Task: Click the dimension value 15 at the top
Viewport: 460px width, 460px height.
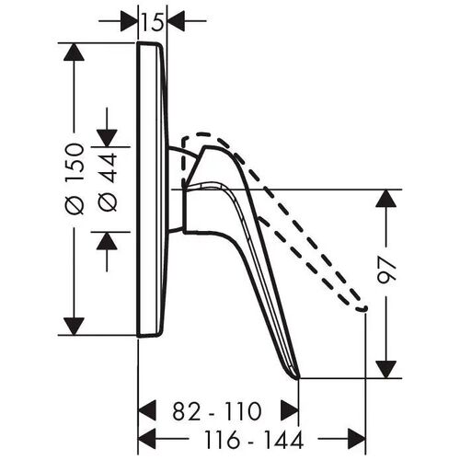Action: click(x=152, y=22)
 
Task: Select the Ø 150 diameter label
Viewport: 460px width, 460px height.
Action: click(x=75, y=178)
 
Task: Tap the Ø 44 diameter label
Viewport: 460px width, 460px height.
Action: click(x=108, y=182)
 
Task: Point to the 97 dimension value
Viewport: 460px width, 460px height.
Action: click(x=386, y=269)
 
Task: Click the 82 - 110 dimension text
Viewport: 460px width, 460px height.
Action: click(x=217, y=411)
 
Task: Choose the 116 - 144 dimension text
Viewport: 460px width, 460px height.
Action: click(x=254, y=439)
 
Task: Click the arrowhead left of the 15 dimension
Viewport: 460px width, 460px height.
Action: click(x=129, y=21)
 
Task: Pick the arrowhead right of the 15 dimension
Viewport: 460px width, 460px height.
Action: click(x=176, y=21)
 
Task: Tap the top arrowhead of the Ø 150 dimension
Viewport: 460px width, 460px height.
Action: click(x=74, y=52)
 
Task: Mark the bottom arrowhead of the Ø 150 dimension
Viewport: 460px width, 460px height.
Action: click(x=74, y=327)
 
